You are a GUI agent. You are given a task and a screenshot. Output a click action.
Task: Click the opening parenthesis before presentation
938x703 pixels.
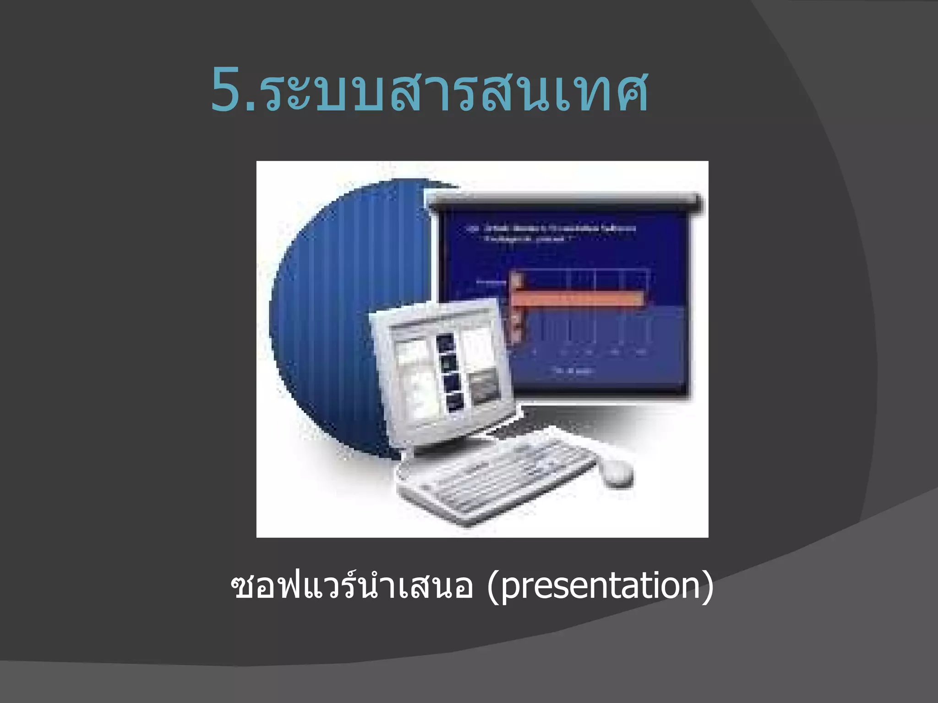493,587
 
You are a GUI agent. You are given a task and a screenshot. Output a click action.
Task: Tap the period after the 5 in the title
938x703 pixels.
251,107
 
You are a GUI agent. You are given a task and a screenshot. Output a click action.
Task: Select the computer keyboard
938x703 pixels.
495,476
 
